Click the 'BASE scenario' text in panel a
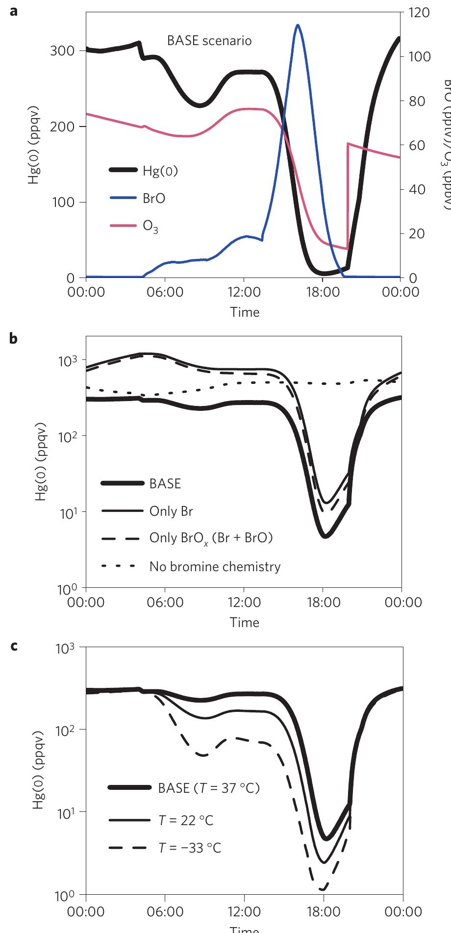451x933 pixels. (209, 41)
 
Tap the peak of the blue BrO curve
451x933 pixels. (297, 25)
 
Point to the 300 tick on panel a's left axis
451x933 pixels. (62, 51)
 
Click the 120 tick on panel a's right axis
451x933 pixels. (419, 13)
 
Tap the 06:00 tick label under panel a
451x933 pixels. (165, 292)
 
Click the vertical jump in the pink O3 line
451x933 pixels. (348, 196)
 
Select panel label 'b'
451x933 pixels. (14, 339)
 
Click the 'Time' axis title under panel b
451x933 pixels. (245, 622)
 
